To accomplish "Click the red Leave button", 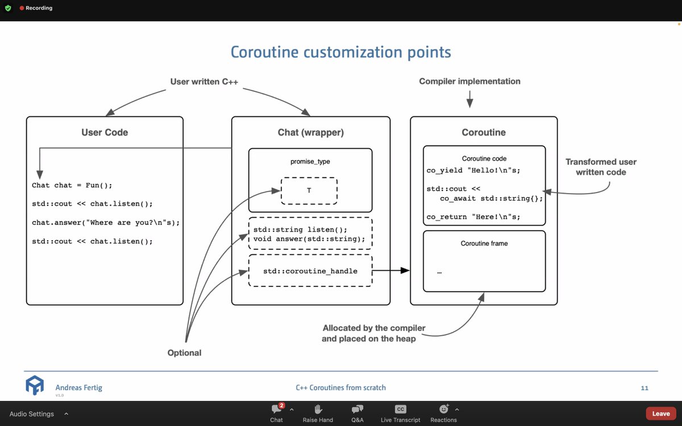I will coord(660,414).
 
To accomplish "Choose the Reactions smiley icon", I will coord(444,409).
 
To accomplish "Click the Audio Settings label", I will coord(32,414).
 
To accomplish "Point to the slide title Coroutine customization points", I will coord(340,52).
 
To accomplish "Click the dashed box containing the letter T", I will coord(309,191).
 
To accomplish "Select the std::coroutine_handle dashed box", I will coord(310,271).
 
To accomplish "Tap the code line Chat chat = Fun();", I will coord(68,185).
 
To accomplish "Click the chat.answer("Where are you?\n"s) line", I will coord(106,223).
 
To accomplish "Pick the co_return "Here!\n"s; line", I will coord(473,216).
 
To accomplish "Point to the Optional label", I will coord(184,353).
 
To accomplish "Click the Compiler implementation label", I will coord(469,81).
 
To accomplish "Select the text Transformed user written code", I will coord(601,167).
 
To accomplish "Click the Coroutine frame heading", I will coord(484,243).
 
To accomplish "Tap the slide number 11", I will coord(644,388).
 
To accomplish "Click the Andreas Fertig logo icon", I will coord(35,386).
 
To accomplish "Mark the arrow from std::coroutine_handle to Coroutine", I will coord(391,271).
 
